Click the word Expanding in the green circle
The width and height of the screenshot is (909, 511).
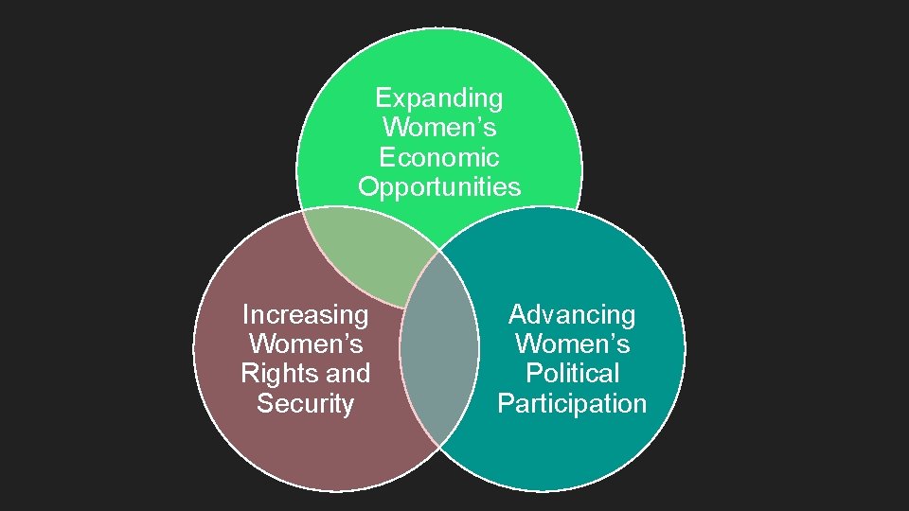coord(439,97)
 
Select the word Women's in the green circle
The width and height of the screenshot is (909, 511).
coord(439,127)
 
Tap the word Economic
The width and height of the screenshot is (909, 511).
coord(439,156)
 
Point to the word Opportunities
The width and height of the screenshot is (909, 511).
coord(439,186)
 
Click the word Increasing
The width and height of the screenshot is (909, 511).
coord(305,314)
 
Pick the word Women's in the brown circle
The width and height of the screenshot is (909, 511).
coord(305,344)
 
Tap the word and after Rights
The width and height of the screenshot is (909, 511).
coord(347,374)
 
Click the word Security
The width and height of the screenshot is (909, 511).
coord(305,403)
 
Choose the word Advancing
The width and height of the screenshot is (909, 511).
coord(572,314)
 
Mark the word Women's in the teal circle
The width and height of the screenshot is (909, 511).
coord(572,344)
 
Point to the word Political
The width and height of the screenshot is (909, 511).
coord(572,374)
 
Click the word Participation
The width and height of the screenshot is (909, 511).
coord(572,403)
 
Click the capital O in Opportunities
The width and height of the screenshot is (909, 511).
coord(368,186)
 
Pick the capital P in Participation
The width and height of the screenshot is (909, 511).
coord(505,403)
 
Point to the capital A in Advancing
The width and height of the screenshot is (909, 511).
coord(518,314)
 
